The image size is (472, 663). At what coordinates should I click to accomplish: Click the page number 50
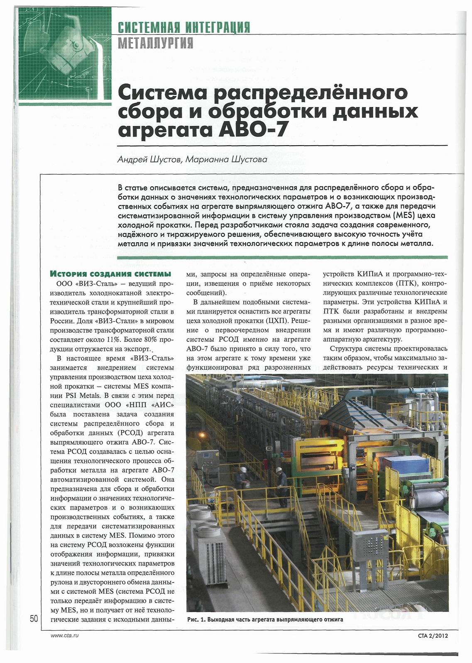point(34,619)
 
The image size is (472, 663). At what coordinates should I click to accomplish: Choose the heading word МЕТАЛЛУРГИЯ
point(156,42)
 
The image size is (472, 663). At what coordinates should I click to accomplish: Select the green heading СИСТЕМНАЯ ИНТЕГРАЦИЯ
point(184,28)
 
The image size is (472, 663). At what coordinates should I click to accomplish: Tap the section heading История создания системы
point(110,274)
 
